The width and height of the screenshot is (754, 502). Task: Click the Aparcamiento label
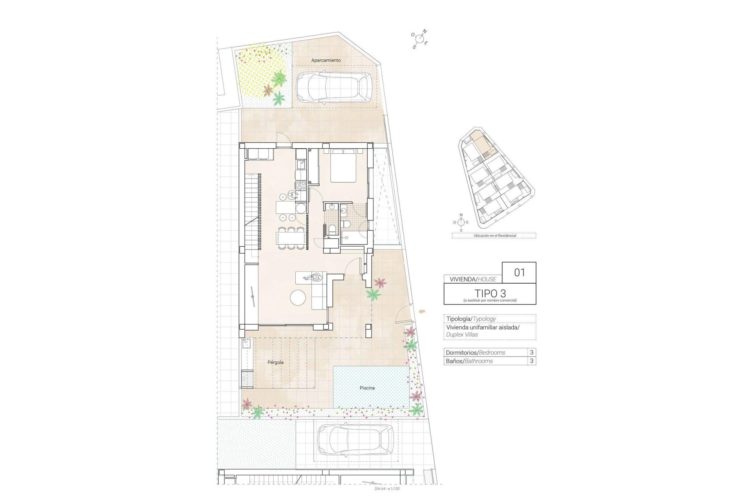(326, 60)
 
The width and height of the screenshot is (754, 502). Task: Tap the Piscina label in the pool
(367, 388)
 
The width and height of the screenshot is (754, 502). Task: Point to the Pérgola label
(275, 362)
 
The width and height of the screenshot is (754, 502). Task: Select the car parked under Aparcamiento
(333, 87)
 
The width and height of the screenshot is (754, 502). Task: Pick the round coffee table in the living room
(298, 298)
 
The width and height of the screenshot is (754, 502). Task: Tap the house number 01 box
(519, 273)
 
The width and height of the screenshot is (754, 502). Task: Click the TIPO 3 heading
(490, 293)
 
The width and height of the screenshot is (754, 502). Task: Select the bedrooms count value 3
(532, 352)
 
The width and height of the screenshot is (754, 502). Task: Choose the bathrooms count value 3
(532, 361)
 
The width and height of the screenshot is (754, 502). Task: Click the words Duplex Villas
(462, 335)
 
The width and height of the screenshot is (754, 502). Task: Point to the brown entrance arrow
(423, 311)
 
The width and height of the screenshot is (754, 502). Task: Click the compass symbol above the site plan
(420, 39)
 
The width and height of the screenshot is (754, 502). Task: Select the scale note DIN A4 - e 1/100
(387, 489)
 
